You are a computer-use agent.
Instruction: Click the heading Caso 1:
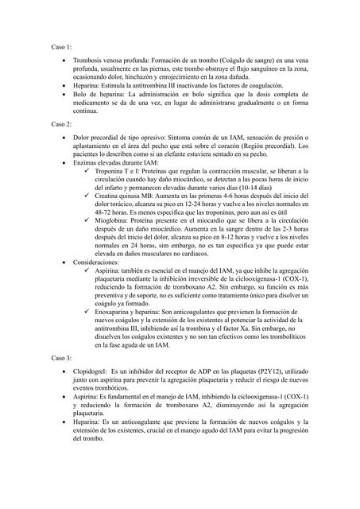click(62, 48)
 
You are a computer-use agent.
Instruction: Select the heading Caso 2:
click(62, 125)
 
